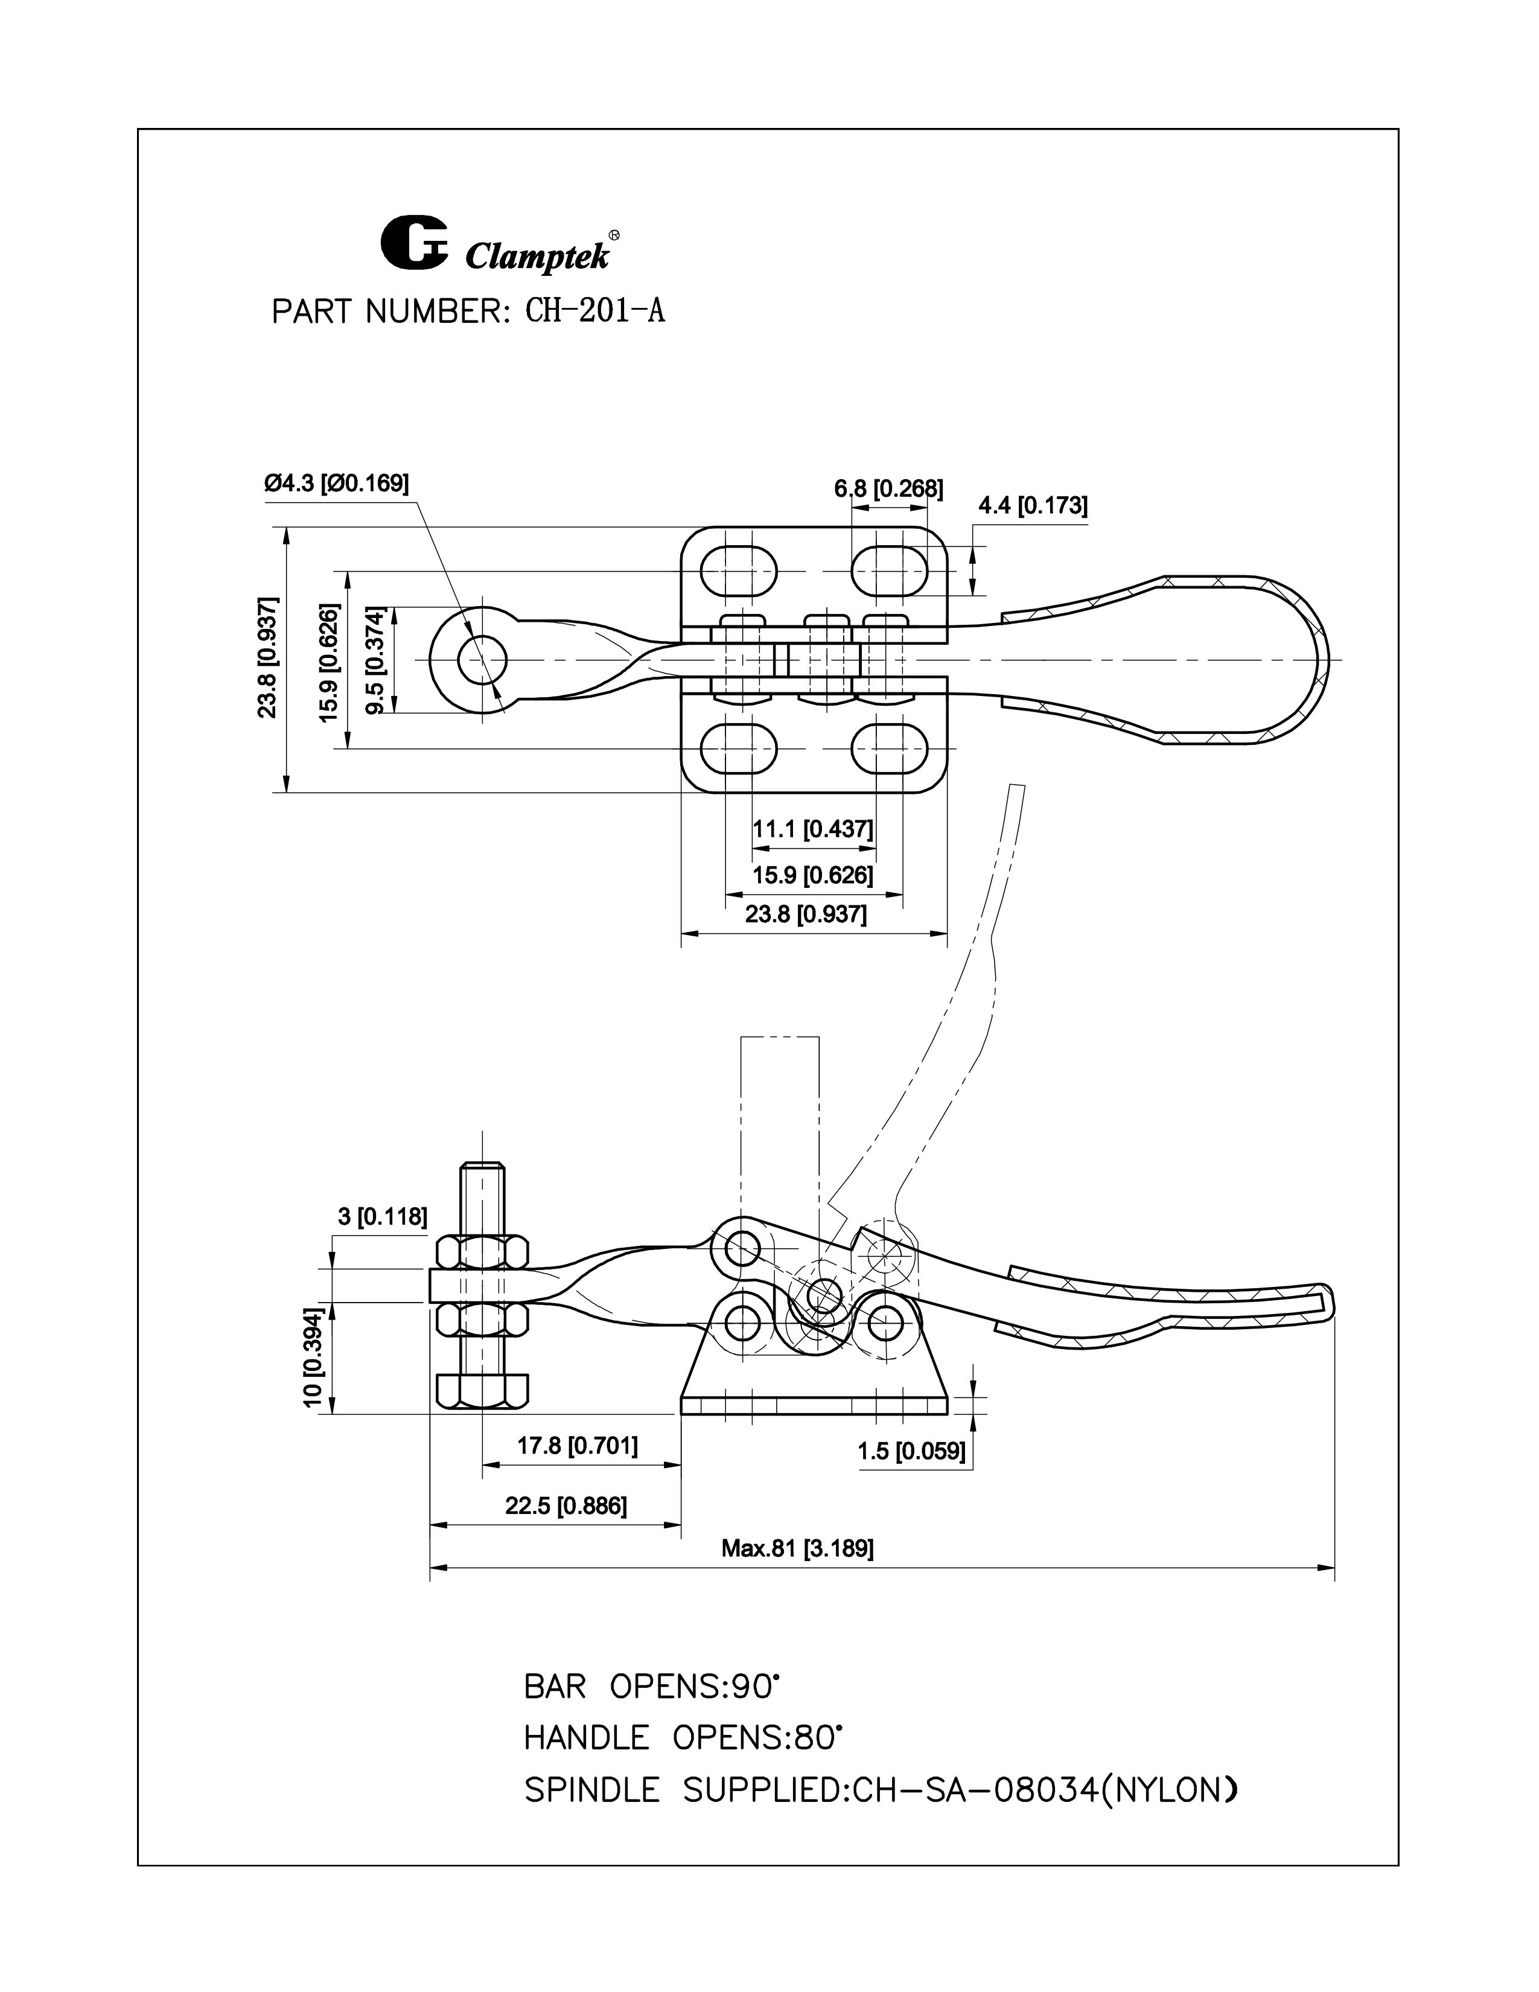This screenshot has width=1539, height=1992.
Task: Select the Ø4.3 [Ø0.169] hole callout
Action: coord(336,484)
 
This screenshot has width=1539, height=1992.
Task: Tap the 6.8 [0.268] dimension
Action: coord(888,489)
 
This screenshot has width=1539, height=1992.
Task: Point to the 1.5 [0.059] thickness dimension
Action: coord(911,1451)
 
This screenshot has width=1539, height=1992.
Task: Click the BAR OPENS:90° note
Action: coord(652,1687)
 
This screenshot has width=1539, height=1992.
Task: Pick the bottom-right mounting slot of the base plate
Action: coord(890,749)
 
